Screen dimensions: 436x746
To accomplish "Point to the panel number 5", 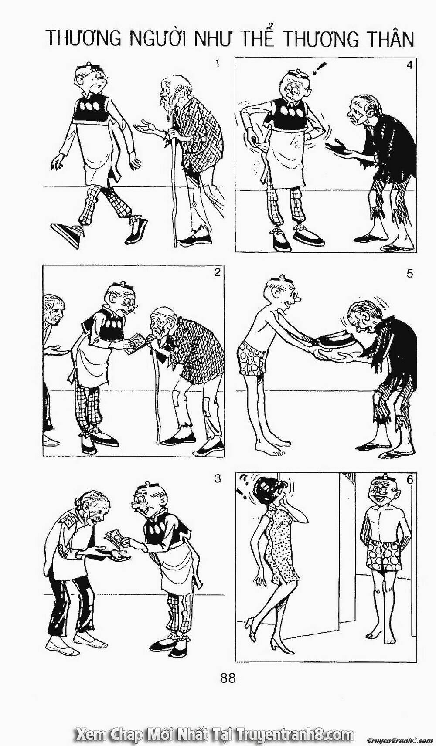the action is coord(410,273).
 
